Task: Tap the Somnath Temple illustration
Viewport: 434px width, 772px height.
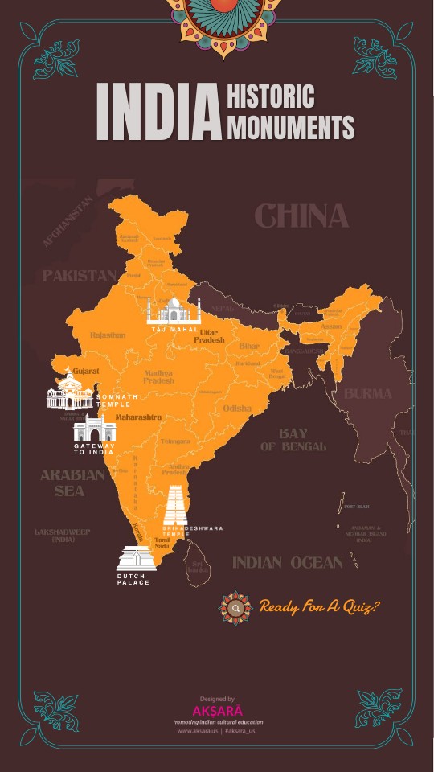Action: tap(70, 392)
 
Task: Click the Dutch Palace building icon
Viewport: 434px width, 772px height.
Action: tap(136, 558)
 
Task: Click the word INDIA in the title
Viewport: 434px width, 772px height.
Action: tap(158, 112)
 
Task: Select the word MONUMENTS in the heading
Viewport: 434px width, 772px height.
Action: tap(290, 127)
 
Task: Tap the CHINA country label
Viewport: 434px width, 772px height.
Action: tap(301, 216)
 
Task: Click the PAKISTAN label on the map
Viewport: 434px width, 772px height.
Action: tap(79, 276)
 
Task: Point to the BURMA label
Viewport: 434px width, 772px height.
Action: tap(367, 394)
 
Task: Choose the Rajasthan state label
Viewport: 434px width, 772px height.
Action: tap(108, 335)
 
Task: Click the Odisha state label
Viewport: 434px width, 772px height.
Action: tap(237, 409)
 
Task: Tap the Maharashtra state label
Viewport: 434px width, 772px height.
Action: tap(138, 417)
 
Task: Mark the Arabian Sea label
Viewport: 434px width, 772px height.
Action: tap(72, 482)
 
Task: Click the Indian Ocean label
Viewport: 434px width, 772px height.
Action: tap(287, 563)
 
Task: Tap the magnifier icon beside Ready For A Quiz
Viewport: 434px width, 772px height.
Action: tap(235, 609)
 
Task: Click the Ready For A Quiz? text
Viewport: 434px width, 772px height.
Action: tap(318, 606)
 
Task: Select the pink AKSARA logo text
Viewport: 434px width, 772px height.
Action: tap(217, 712)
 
